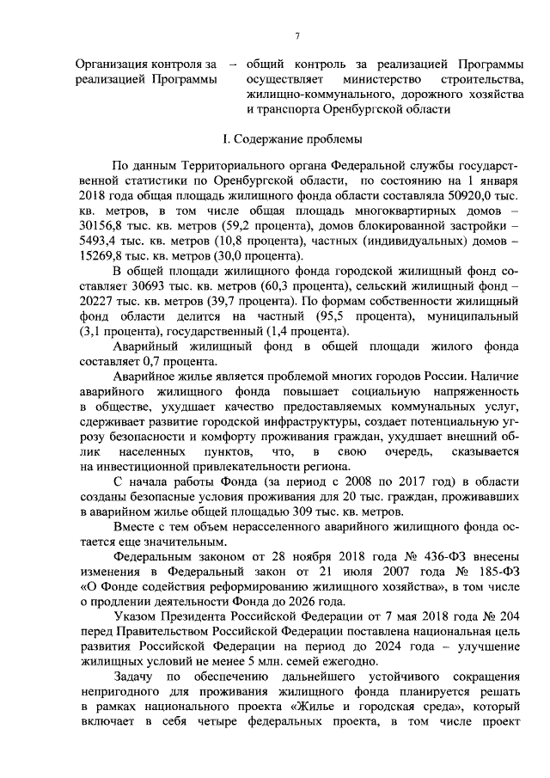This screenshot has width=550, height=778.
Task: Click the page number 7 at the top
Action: click(x=296, y=35)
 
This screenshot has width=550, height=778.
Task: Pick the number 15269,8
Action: click(x=101, y=257)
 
